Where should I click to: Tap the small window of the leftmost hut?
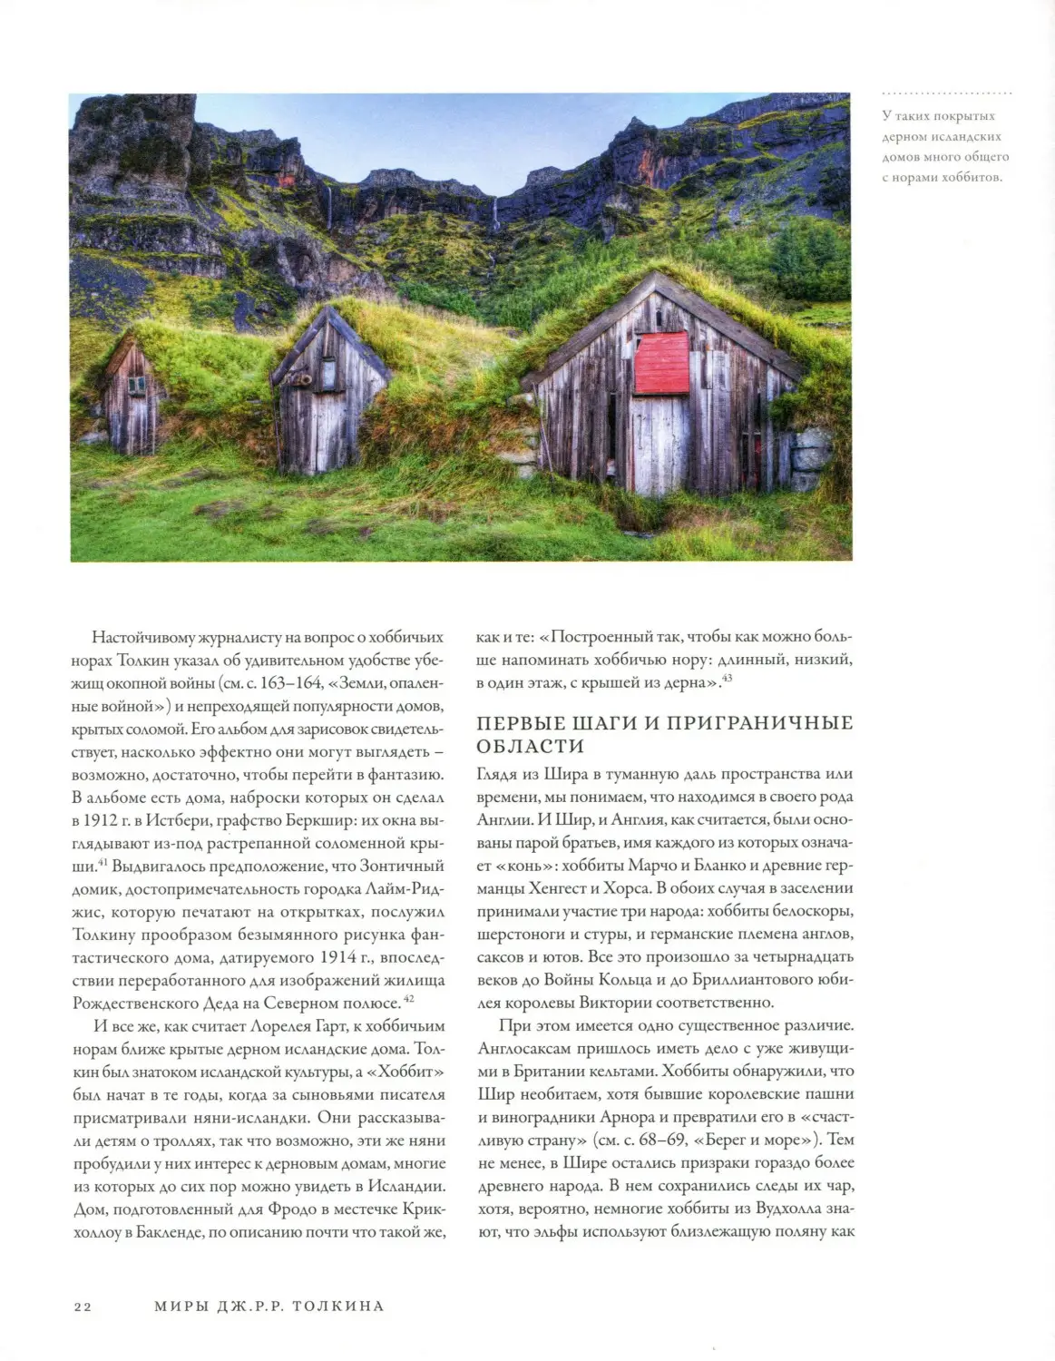(x=136, y=385)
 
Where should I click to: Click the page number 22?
(x=83, y=1307)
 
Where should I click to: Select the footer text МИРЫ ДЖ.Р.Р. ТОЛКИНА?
(x=269, y=1307)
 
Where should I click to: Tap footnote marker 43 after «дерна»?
(x=727, y=677)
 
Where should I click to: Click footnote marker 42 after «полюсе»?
(x=409, y=998)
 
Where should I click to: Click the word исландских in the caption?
(x=967, y=136)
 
